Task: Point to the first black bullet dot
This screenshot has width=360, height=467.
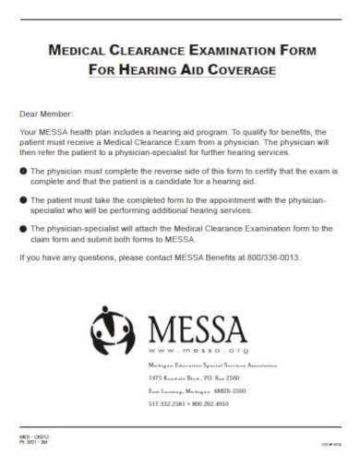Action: pyautogui.click(x=23, y=173)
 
